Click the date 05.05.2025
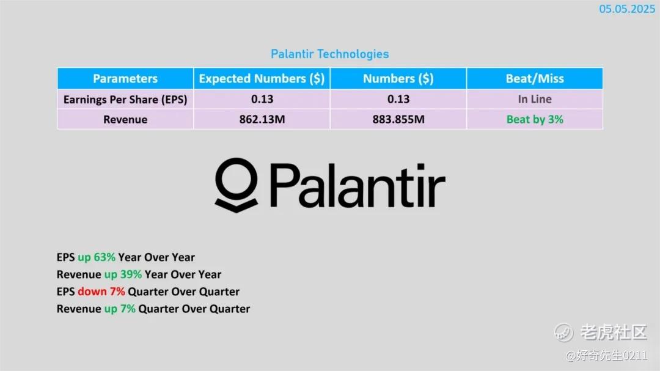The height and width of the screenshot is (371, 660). (x=627, y=9)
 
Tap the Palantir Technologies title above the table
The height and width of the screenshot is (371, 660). (x=329, y=54)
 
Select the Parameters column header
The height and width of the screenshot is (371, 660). (x=125, y=78)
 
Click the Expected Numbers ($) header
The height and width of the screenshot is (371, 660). (x=262, y=79)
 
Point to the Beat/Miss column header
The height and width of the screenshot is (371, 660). (x=535, y=79)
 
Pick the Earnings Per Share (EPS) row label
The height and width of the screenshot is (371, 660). (x=125, y=100)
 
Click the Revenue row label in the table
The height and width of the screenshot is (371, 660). (x=125, y=120)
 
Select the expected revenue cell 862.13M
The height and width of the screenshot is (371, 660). (x=262, y=120)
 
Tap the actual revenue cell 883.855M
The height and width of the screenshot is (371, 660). (x=398, y=120)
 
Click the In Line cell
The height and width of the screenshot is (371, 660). (x=535, y=99)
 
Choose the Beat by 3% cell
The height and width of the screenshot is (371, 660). (x=535, y=120)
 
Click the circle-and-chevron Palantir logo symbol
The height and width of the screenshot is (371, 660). (x=236, y=185)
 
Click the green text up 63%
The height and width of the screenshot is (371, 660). (x=97, y=257)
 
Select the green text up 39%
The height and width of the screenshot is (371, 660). (x=123, y=274)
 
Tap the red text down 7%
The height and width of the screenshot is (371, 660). (x=101, y=292)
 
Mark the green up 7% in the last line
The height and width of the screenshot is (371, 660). (x=120, y=309)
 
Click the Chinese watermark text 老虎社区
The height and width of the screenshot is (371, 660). (x=614, y=332)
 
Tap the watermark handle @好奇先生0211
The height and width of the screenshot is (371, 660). (x=606, y=356)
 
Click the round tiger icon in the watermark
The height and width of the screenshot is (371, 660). (x=563, y=332)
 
